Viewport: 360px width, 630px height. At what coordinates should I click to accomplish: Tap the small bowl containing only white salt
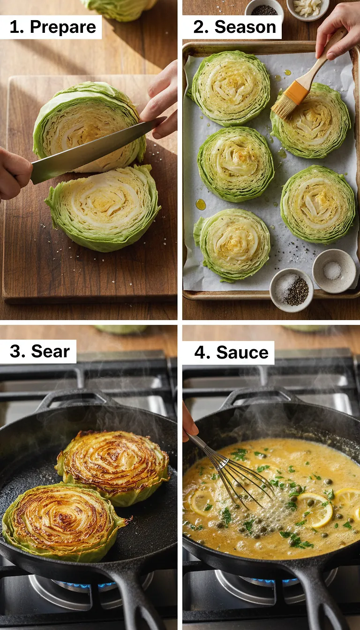[x=334, y=270]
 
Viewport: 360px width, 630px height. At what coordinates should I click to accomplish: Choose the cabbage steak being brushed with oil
[x=311, y=120]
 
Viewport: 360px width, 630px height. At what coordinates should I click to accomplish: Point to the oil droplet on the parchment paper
[x=201, y=204]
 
